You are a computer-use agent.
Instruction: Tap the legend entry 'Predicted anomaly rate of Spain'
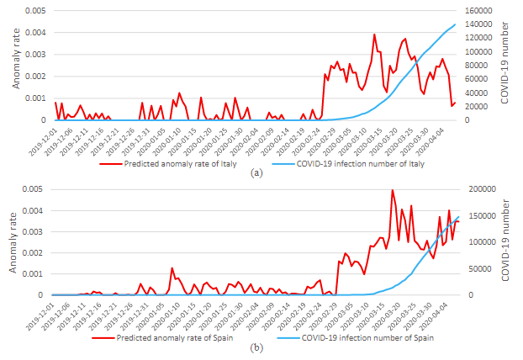point(172,338)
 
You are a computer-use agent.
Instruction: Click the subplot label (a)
point(256,173)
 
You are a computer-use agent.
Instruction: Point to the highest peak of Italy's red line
point(374,34)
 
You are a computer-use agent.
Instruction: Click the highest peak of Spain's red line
point(393,191)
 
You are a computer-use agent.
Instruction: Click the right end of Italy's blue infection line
point(455,24)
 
